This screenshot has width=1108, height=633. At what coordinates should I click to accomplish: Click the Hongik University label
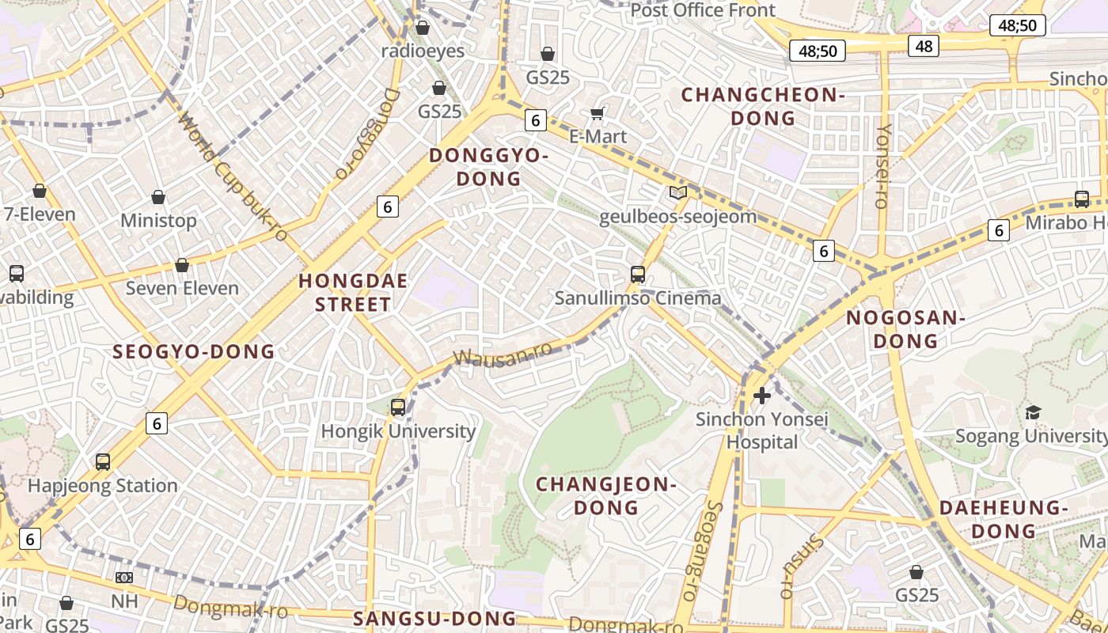tap(398, 431)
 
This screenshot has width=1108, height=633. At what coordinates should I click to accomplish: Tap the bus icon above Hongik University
tap(398, 407)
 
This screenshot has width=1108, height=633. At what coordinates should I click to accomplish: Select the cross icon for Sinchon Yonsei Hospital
tap(762, 395)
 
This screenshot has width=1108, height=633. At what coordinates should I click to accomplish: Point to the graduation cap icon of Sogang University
tap(1033, 412)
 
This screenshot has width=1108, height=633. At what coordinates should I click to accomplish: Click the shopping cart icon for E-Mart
tap(598, 114)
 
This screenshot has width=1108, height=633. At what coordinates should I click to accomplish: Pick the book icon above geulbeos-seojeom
tap(677, 192)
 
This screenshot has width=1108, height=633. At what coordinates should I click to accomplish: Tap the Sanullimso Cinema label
tap(638, 298)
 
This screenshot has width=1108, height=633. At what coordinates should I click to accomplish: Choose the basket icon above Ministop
tap(158, 197)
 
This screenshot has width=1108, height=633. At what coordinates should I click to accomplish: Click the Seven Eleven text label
tap(182, 288)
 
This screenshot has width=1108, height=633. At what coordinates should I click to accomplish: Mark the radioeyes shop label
tap(423, 51)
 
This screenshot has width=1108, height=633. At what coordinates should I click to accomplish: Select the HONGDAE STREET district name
tap(353, 293)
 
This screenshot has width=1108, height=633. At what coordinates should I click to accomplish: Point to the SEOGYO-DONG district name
tap(194, 352)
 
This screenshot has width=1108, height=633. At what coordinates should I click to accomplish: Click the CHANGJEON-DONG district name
tap(606, 495)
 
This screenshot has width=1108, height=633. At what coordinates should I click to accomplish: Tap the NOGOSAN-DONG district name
tap(905, 330)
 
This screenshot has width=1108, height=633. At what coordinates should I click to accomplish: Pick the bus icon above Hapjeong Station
tap(103, 462)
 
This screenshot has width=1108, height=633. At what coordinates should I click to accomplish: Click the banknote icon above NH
tap(124, 578)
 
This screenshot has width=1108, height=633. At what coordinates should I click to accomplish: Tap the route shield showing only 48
tap(924, 46)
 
